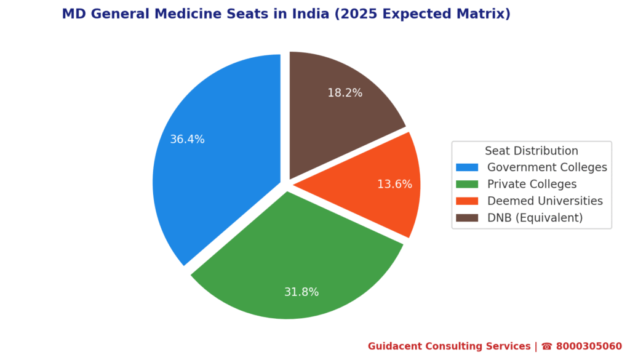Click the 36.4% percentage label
[x=187, y=140]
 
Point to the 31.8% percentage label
[x=301, y=292]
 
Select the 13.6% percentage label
[x=394, y=184]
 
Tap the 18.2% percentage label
[x=345, y=93]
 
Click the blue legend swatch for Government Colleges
[x=467, y=167]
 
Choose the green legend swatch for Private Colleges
[x=467, y=184]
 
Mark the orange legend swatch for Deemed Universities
[x=467, y=201]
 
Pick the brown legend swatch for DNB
[x=467, y=218]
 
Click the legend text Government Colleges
[x=547, y=167]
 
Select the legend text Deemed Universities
[x=545, y=201]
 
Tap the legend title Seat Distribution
[x=532, y=151]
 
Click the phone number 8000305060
[x=589, y=346]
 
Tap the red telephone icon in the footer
[x=546, y=346]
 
